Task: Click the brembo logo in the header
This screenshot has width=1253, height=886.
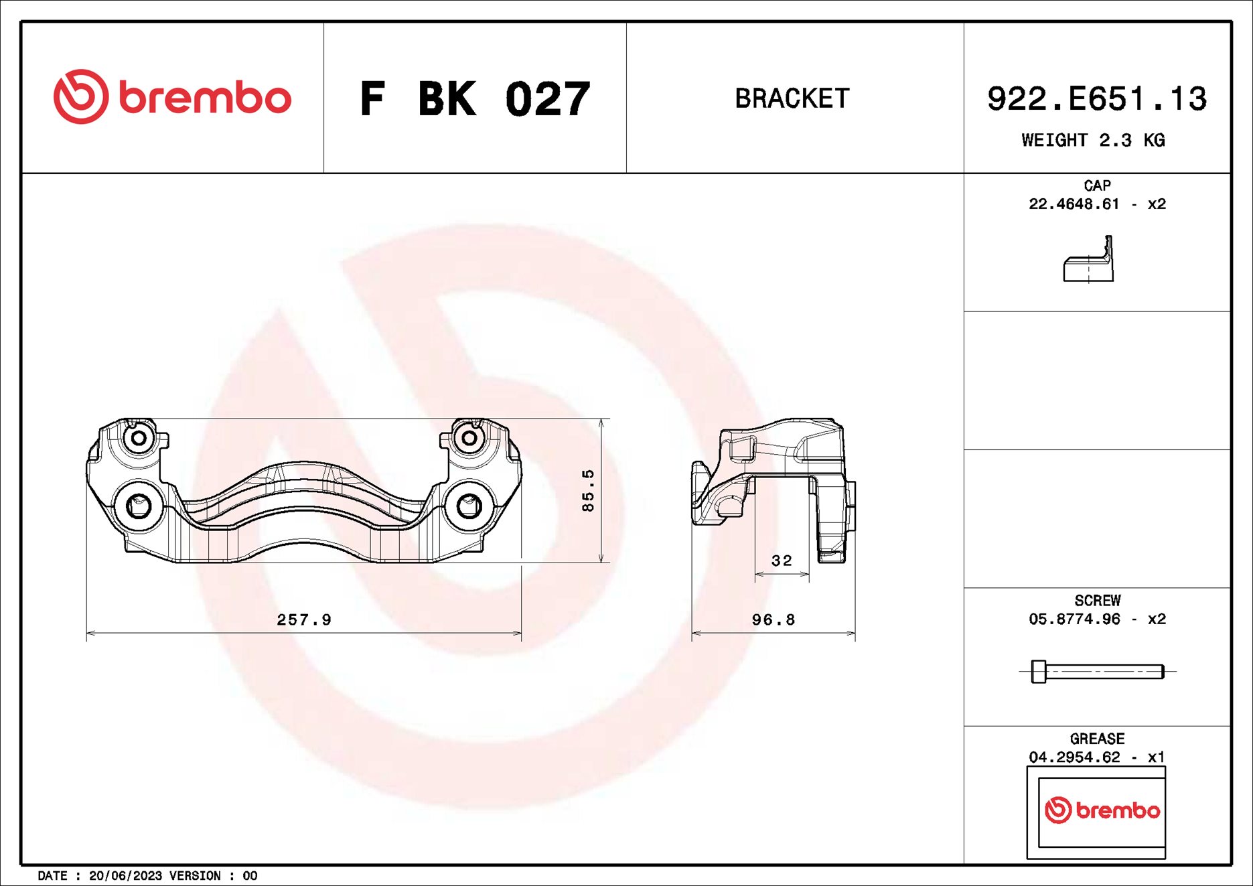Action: pos(172,97)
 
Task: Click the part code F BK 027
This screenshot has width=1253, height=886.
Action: pos(474,99)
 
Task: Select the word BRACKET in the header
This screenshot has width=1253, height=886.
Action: pos(792,99)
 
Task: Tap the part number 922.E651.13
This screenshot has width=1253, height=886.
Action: pos(1096,99)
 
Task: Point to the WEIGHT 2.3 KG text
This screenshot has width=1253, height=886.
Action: pos(1093,141)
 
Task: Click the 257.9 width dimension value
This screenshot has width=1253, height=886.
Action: pos(304,620)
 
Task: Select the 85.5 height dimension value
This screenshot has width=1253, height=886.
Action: pos(588,490)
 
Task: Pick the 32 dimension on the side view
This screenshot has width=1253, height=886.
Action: pos(782,561)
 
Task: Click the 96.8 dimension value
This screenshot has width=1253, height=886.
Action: pos(773,620)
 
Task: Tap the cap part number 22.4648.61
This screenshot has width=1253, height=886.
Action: pos(1074,204)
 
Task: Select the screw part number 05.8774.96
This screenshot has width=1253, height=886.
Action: pos(1074,619)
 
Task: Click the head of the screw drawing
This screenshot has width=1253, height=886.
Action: pos(1038,671)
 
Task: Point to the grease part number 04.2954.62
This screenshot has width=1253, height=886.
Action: pos(1074,757)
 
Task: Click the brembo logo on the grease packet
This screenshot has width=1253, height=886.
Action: pos(1102,810)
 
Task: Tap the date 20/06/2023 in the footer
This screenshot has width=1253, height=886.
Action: pos(125,876)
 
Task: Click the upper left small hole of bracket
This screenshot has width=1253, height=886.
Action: pos(139,439)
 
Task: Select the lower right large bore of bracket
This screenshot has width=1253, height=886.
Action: pos(469,506)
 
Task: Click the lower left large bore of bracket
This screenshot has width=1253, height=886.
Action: pos(139,506)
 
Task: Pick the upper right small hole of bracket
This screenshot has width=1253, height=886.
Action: pos(469,439)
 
